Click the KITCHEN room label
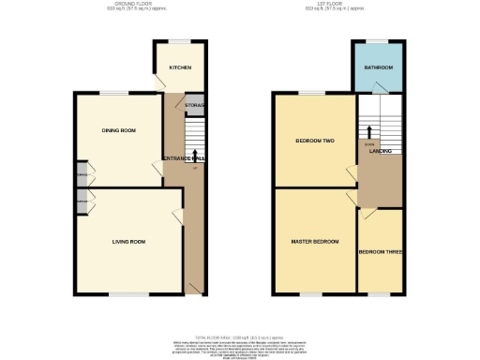point(180,67)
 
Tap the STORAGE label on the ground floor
point(195,105)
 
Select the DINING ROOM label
point(119,130)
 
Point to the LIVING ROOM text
point(128,242)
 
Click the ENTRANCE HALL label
point(185,159)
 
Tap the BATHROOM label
point(378,67)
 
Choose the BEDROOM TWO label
point(315,141)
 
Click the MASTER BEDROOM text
point(314,242)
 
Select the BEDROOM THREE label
point(381,251)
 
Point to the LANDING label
point(380,150)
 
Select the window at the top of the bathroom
point(378,40)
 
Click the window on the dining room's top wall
point(115,91)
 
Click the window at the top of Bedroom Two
point(312,91)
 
